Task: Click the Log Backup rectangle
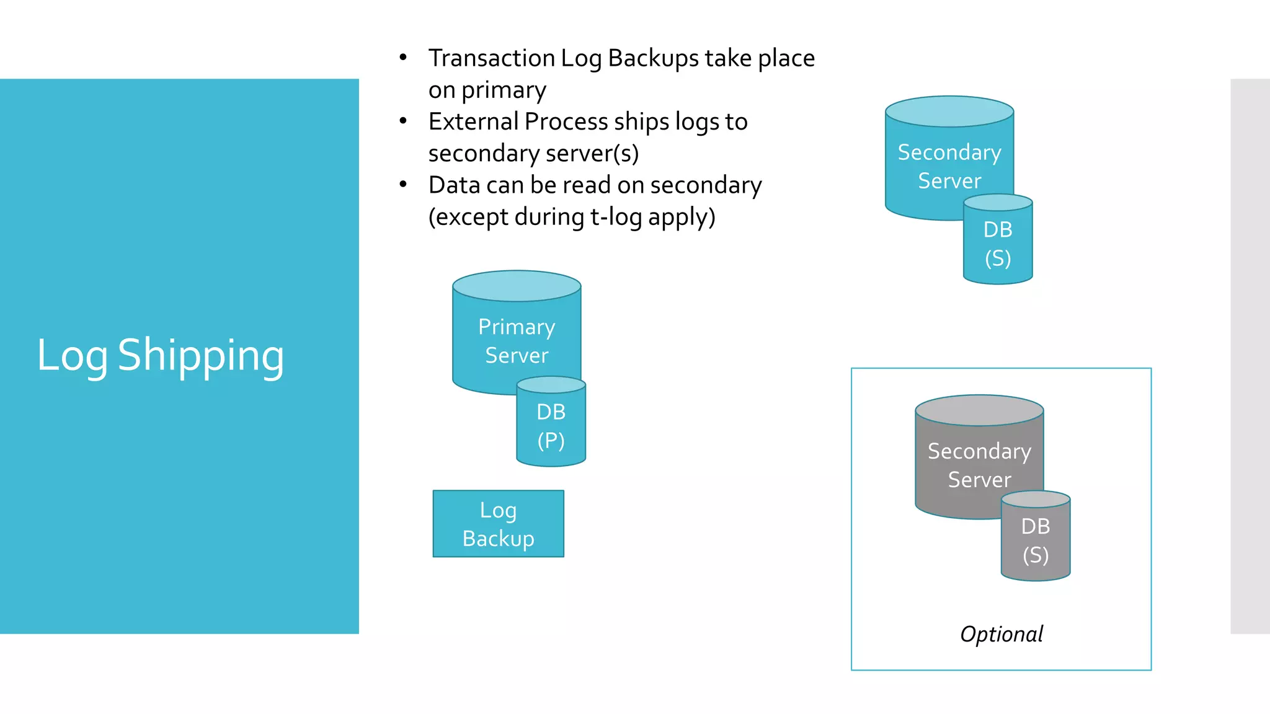point(498,524)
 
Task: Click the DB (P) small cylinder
point(551,426)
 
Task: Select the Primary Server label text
point(517,341)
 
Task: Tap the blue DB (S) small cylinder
point(998,244)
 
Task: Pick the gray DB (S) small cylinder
point(1036,540)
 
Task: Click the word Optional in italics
point(1001,634)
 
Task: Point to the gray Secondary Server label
point(979,465)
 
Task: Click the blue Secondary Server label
point(949,166)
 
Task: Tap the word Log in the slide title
point(73,356)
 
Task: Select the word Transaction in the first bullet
point(491,58)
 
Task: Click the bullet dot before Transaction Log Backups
point(403,58)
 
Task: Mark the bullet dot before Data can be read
point(403,185)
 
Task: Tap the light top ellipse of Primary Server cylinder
point(517,286)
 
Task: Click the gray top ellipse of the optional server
point(979,410)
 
